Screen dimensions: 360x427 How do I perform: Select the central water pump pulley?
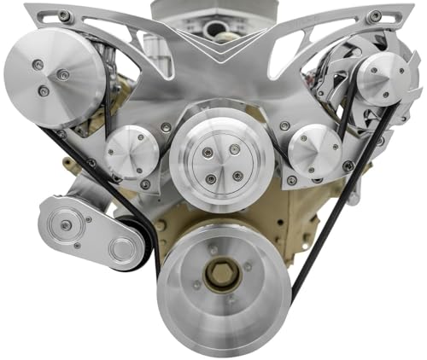(210, 160)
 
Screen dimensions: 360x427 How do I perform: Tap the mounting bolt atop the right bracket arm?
(374, 16)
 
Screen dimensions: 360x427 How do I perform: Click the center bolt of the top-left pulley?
(62, 75)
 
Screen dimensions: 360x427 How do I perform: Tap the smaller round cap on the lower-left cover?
(121, 250)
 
